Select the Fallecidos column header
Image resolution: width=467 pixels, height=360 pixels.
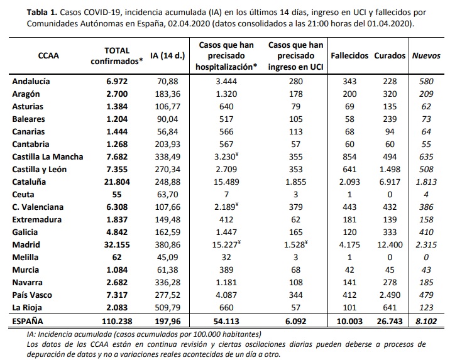click(349, 55)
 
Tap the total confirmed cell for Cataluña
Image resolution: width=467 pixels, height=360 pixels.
click(118, 181)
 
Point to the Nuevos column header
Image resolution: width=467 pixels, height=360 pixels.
click(426, 55)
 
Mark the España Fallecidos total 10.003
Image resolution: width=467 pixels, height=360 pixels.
click(349, 320)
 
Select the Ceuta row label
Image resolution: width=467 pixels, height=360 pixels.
click(24, 194)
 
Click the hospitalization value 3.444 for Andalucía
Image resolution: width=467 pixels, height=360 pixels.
click(224, 81)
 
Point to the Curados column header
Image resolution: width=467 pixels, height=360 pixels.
click(390, 55)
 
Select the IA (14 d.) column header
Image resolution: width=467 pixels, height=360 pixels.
click(168, 55)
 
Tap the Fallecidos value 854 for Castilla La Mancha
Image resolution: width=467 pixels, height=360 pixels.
click(349, 156)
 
